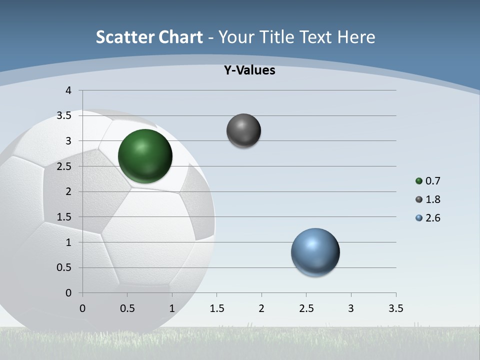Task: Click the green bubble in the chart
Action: tap(145, 156)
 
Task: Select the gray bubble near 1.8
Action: tap(243, 130)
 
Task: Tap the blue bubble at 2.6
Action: tap(315, 252)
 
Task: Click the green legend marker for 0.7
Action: tap(419, 181)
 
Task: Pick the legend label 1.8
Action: tap(432, 199)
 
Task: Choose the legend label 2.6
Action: tap(432, 218)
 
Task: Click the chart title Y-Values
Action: tap(249, 70)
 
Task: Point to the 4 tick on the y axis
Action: tap(69, 90)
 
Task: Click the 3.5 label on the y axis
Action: tap(64, 115)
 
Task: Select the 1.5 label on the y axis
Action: tap(64, 217)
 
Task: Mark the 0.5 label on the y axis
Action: tap(64, 267)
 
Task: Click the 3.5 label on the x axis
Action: tap(395, 308)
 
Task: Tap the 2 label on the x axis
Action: tap(261, 308)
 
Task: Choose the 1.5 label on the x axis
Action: tap(216, 308)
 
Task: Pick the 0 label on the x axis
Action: tap(82, 308)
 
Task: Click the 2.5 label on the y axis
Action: tap(64, 166)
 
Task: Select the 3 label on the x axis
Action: tap(351, 308)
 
